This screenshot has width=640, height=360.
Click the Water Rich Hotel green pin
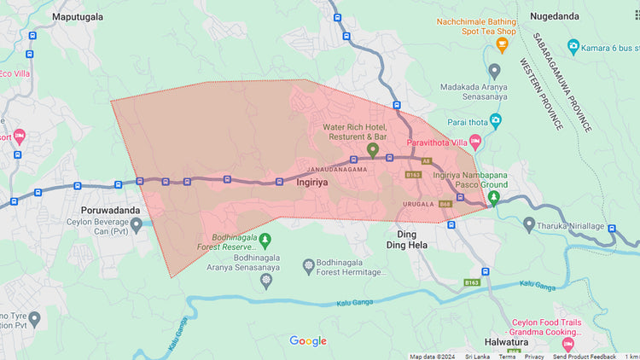[372, 150]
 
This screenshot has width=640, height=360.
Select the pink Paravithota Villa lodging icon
[475, 141]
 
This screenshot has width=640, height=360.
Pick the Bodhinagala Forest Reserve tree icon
[265, 240]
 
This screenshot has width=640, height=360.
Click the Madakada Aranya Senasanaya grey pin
[494, 70]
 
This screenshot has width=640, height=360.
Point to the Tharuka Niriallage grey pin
[529, 224]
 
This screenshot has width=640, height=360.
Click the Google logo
[308, 341]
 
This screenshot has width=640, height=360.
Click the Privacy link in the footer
[534, 357]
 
